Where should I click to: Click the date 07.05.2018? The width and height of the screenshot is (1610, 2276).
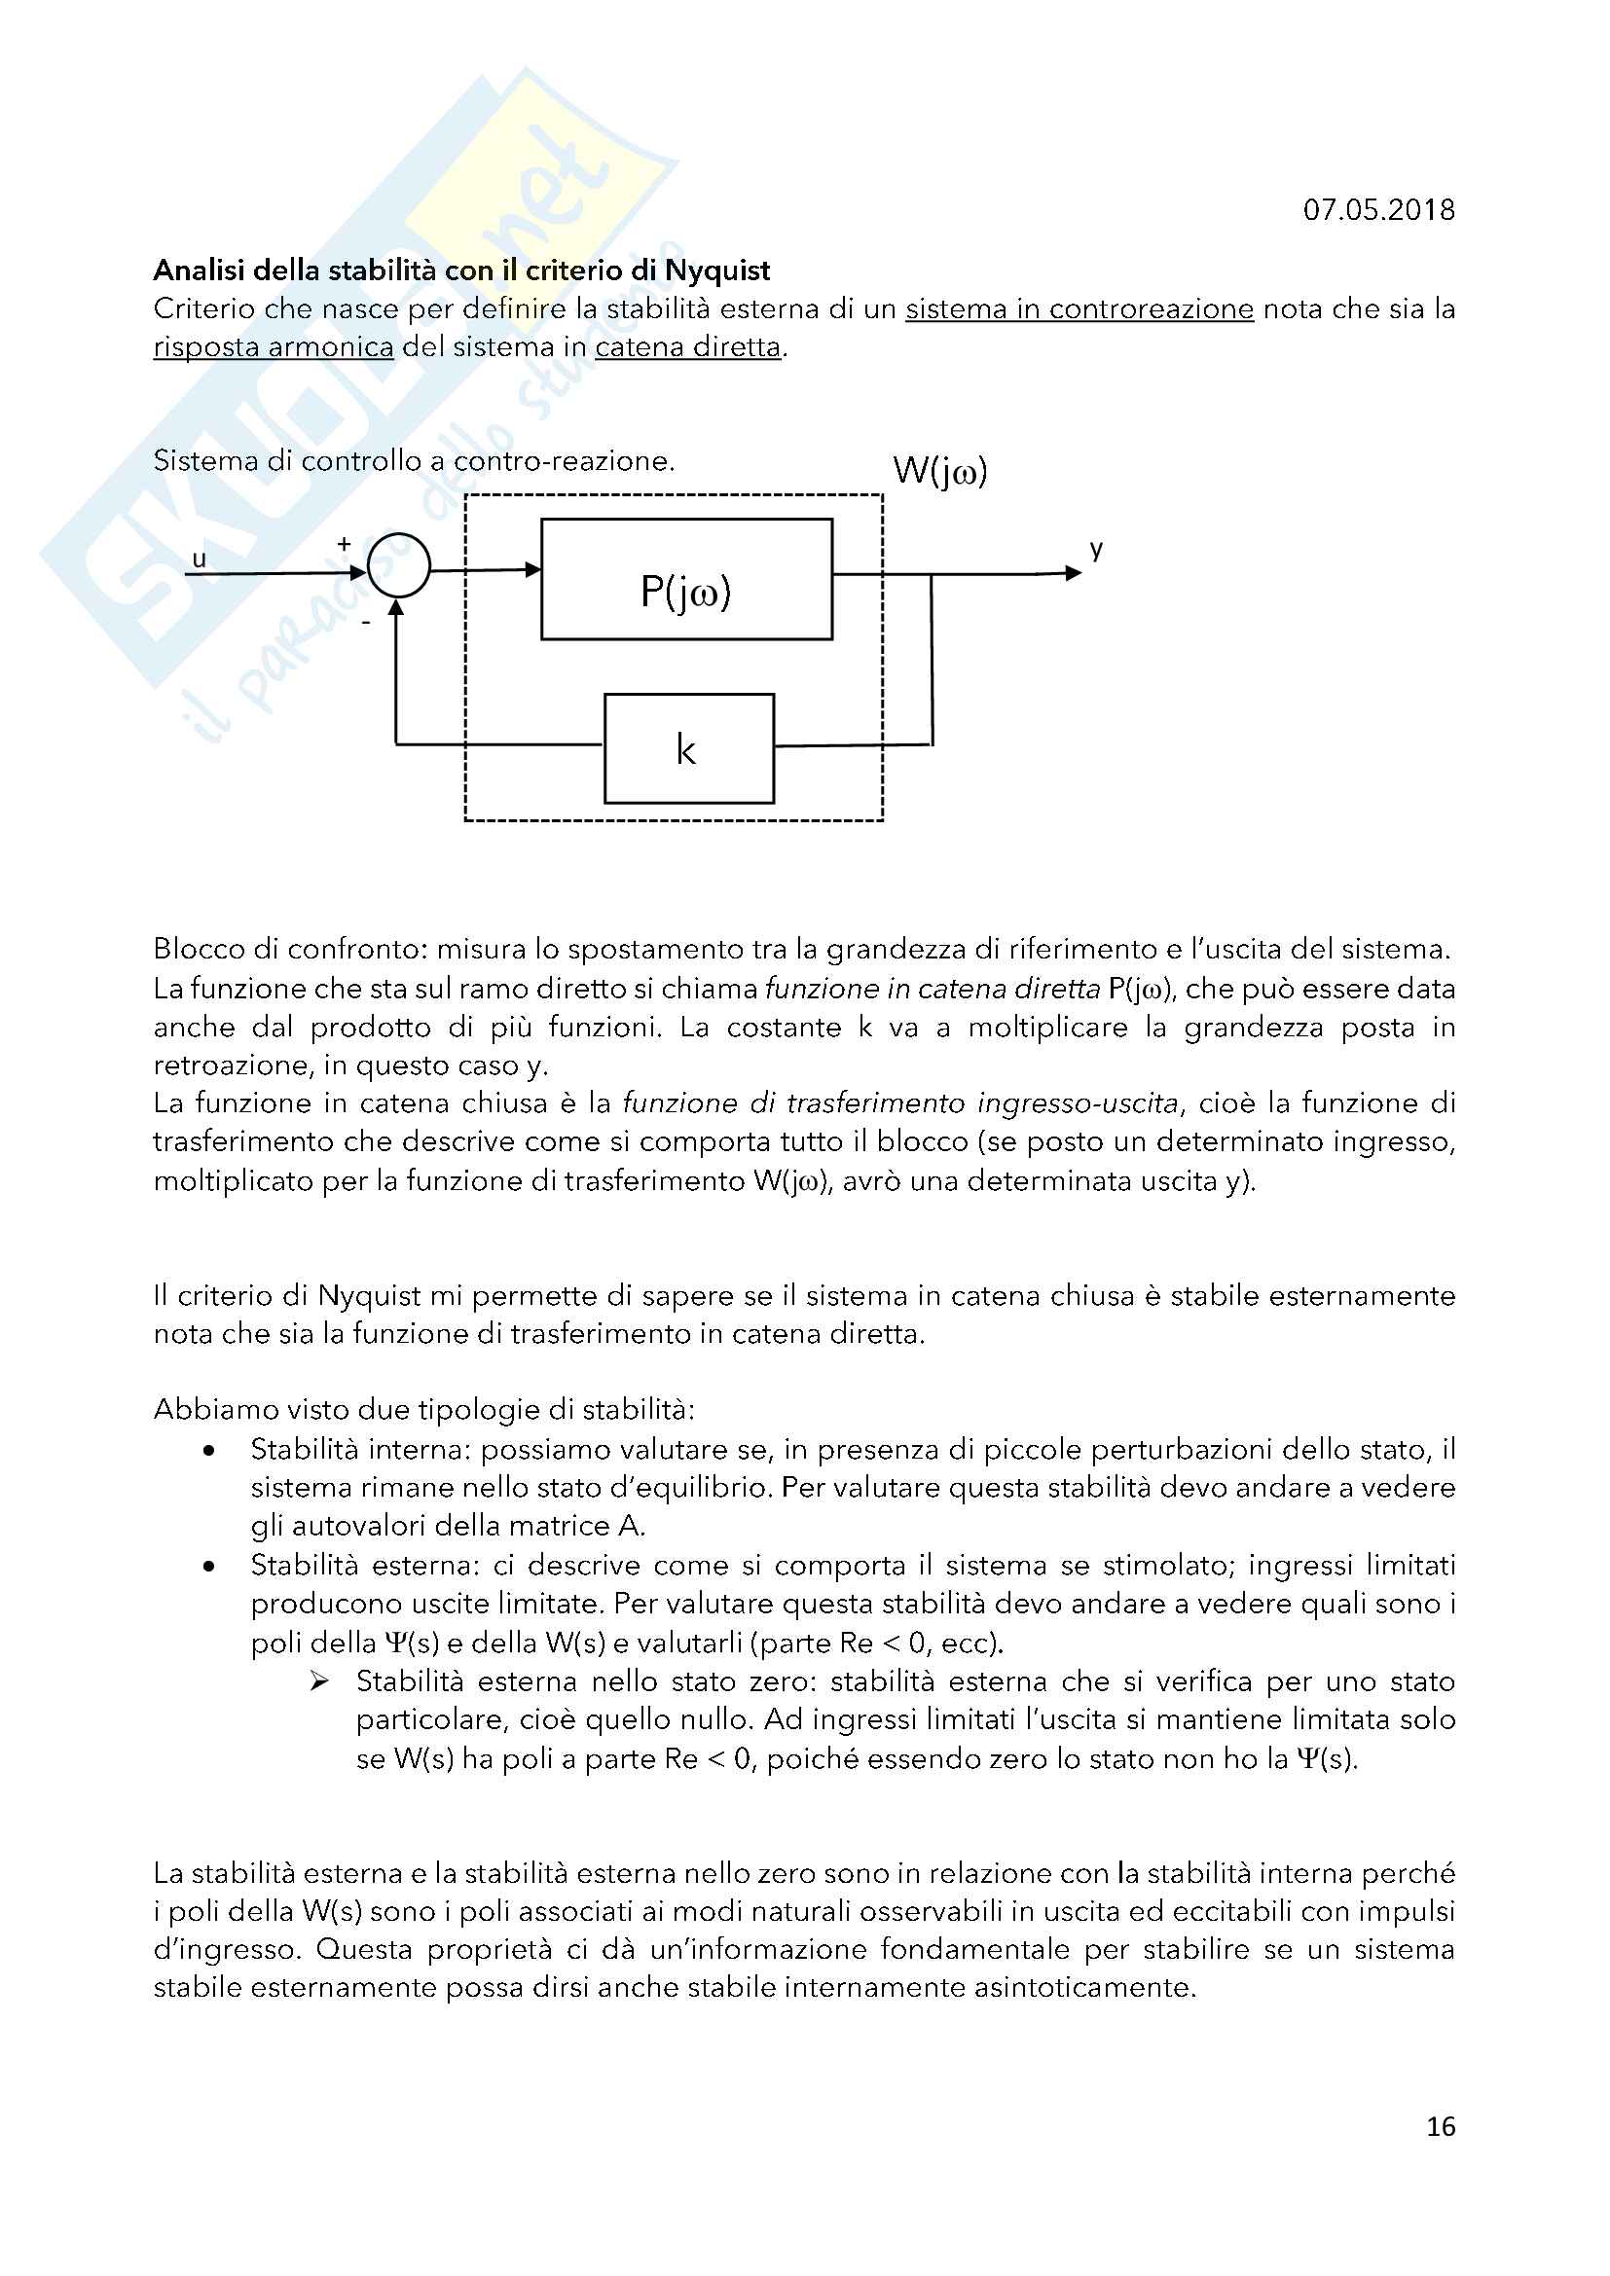1378,210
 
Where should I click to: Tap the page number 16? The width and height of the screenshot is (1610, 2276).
1441,2126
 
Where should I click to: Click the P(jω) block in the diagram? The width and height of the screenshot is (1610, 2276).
686,580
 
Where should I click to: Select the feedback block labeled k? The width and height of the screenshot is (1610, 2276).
689,748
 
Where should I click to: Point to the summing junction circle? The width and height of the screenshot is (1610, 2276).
398,565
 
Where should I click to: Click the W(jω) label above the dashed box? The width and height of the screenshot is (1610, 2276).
940,470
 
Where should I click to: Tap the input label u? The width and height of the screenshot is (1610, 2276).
200,560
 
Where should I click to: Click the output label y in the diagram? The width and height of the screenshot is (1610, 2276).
1095,549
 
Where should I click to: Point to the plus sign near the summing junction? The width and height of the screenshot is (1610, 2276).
344,543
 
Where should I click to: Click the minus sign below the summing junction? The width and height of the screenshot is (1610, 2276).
366,623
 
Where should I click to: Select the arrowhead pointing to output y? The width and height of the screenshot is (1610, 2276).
1073,573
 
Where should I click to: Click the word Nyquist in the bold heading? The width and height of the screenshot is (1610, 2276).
716,271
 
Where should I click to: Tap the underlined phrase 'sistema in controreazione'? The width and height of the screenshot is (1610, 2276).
1079,309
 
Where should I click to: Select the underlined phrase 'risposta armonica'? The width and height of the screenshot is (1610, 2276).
273,348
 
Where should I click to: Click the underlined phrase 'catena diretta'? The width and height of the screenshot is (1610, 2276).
687,348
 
